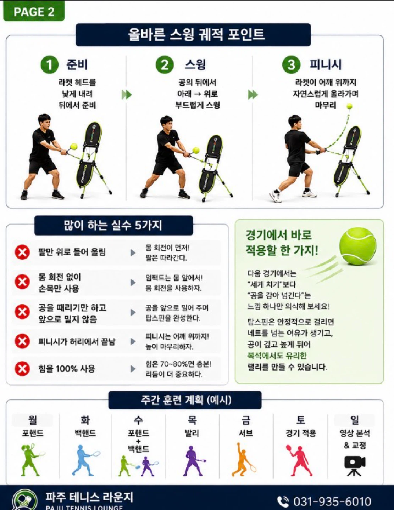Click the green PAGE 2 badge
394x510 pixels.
pos(34,11)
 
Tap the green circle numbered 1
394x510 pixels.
pos(49,64)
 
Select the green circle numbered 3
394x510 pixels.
pos(291,64)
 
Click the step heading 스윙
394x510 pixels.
pos(195,64)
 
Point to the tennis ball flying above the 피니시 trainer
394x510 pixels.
pos(350,106)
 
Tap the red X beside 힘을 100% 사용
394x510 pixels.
pos(22,368)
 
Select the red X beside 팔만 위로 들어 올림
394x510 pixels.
pos(22,253)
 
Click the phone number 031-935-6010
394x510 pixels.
pos(332,501)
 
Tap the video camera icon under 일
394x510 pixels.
pos(355,466)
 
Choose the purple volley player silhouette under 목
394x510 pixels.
pos(194,461)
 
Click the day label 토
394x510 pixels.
pos(301,420)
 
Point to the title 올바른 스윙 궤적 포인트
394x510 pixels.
pos(196,34)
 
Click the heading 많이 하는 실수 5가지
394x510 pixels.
pos(113,225)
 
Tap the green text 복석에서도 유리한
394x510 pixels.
pos(277,356)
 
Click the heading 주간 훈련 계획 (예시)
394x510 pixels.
pos(186,400)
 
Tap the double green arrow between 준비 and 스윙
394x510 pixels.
pos(127,95)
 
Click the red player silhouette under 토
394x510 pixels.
pos(299,460)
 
